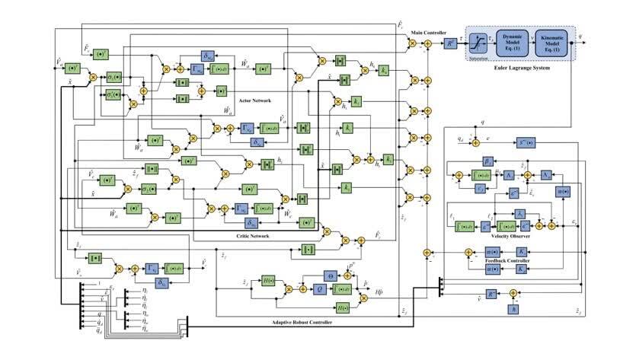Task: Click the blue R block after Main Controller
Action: click(x=450, y=45)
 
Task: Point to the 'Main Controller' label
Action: click(x=427, y=33)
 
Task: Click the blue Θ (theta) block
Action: click(x=332, y=276)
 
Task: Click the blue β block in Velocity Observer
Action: click(x=488, y=161)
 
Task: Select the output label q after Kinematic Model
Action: click(x=583, y=36)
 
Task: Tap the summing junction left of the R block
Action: click(x=427, y=45)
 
